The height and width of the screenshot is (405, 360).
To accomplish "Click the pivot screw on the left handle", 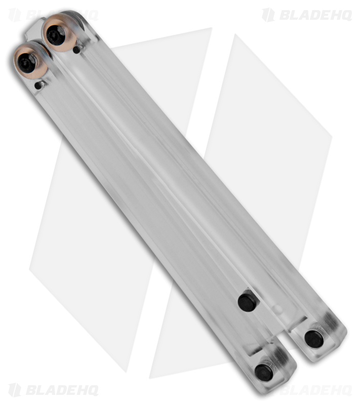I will coord(26,63).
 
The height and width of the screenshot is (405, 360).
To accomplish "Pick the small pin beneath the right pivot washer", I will coord(76,50).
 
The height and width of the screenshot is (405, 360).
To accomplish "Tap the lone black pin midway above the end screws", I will coord(247,302).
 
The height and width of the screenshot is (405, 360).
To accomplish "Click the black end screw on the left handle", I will coord(264,372).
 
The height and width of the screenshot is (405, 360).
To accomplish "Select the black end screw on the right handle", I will coord(314,339).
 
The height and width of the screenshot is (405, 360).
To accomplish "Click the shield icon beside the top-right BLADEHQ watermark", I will coord(268,15).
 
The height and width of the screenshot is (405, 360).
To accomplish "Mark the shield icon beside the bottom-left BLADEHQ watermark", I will coord(15,390).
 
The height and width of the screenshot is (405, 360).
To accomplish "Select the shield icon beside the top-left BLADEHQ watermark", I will coord(15,15).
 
